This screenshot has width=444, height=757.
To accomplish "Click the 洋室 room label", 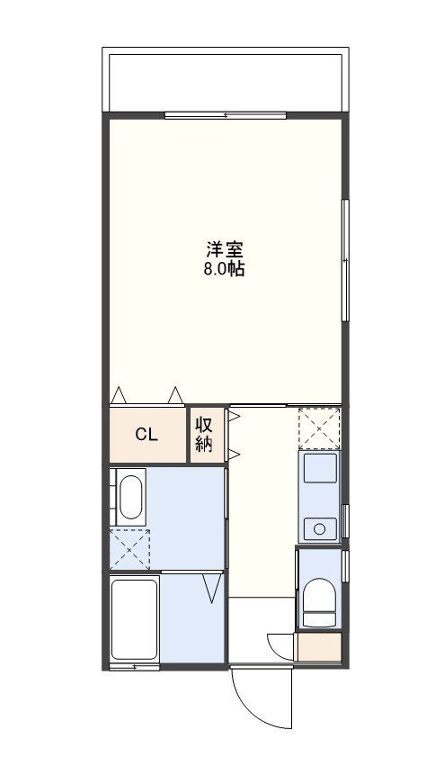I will coord(225,248).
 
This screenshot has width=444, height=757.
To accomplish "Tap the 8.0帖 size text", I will coord(225,267).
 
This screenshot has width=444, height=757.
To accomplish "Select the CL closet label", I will coord(147,435).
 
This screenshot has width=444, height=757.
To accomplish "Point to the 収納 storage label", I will coord(205,435).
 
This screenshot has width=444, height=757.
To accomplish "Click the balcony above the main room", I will coord(225,81).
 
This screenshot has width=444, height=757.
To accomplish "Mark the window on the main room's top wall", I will coord(225,115).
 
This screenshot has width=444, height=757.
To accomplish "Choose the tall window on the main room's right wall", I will coord(344,259).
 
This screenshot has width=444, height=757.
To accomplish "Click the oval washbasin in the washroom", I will coord(131,498).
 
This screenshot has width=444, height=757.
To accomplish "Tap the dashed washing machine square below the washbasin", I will coord(129,549).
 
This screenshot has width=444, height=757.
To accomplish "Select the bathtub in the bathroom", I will coord(134,619).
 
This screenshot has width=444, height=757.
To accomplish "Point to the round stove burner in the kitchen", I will coord(317,527).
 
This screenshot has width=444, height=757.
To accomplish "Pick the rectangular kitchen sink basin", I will coord(319,469).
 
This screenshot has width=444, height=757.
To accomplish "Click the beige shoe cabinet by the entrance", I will coord(319,646).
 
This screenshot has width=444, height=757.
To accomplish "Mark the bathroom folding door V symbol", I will coord(212,589).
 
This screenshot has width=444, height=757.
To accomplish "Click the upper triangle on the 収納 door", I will coord(232,416).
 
